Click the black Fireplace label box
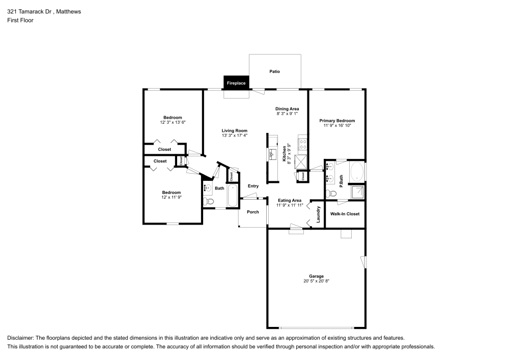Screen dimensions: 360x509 (236, 82)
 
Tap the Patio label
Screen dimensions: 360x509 (274, 72)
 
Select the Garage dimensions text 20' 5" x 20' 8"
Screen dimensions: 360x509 (317, 281)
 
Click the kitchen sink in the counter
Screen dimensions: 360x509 (271, 153)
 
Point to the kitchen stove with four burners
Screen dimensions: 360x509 (303, 144)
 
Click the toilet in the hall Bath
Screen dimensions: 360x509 (207, 202)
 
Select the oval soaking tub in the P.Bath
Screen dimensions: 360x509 (357, 172)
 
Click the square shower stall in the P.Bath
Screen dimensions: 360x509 (358, 192)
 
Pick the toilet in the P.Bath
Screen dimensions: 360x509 (333, 193)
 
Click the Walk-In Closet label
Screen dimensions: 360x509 (345, 214)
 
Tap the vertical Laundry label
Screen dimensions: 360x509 (318, 214)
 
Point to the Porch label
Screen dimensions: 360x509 (252, 212)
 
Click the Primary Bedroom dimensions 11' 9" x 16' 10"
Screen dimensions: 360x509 (337, 125)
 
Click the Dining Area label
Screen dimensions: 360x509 (288, 109)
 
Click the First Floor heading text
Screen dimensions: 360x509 (20, 20)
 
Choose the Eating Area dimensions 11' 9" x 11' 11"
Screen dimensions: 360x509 (290, 205)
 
